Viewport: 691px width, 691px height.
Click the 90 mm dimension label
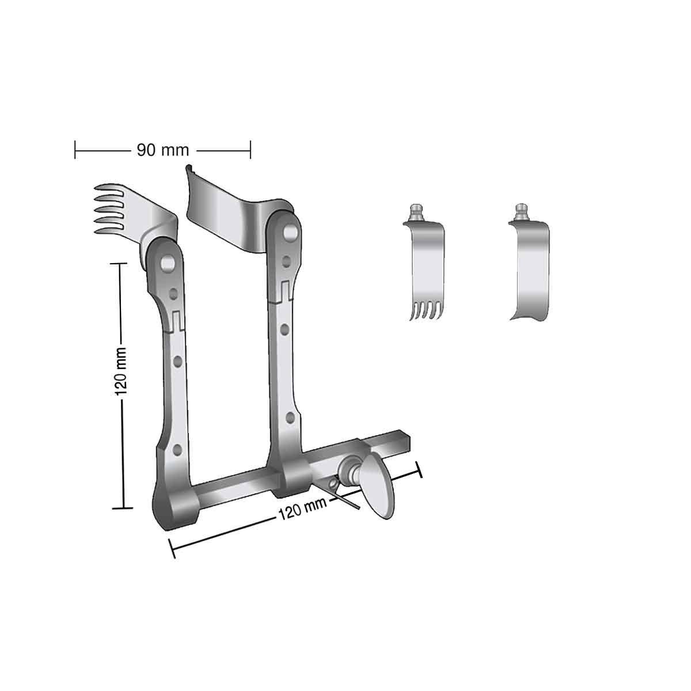pos(163,150)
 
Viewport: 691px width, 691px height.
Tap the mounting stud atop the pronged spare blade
pos(416,212)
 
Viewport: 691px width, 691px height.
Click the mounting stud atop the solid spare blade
pos(521,212)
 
